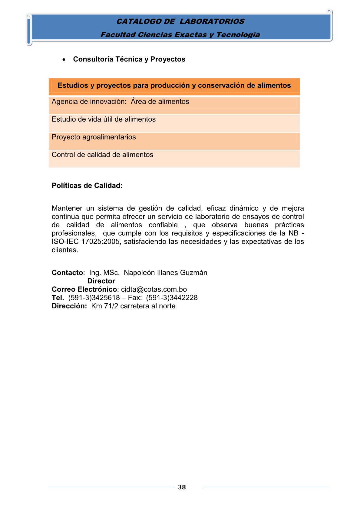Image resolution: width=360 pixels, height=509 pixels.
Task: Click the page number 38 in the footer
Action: coord(182,487)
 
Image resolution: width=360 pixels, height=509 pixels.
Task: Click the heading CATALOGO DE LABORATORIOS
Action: coord(180,21)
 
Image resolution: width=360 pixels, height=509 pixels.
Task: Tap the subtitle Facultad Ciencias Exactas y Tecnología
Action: coord(180,35)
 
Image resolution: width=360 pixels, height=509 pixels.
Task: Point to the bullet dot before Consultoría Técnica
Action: coord(64,60)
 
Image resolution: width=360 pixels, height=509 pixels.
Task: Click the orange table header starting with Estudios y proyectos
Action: coord(174,86)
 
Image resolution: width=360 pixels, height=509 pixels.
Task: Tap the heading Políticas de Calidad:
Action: coord(87,186)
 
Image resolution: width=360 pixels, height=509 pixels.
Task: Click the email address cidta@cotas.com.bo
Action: coord(154,289)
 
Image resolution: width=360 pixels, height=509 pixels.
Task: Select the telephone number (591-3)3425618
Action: coord(94,298)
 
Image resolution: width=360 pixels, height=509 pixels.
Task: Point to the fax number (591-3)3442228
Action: coord(172,298)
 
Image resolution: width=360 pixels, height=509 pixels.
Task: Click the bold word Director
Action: coord(101,281)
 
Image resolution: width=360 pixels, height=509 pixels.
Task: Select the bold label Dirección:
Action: coord(69,306)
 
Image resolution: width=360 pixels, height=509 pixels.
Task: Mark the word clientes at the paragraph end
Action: coord(64,250)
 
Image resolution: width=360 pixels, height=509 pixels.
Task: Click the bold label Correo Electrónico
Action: coord(84,289)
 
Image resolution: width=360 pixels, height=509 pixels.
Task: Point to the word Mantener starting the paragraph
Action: coord(67,208)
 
